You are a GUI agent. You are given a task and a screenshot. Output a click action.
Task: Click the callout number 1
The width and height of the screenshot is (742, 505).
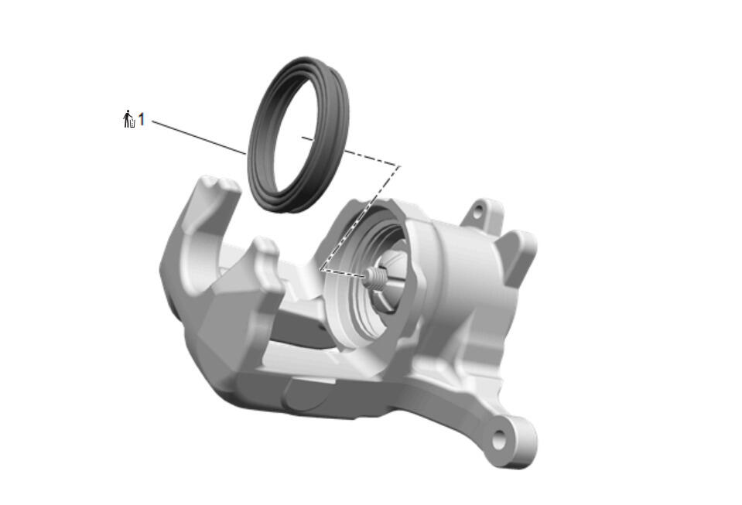click(141, 119)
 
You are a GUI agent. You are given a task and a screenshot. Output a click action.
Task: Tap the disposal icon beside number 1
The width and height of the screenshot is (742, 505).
click(128, 119)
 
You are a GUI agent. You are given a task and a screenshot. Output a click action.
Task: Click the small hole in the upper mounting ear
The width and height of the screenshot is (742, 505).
click(478, 209)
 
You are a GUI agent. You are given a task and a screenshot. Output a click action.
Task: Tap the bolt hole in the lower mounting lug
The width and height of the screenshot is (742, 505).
click(499, 440)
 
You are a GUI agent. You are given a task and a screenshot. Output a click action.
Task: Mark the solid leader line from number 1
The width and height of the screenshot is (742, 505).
click(199, 137)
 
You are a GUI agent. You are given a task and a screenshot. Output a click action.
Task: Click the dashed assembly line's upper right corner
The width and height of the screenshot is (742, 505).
click(399, 166)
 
